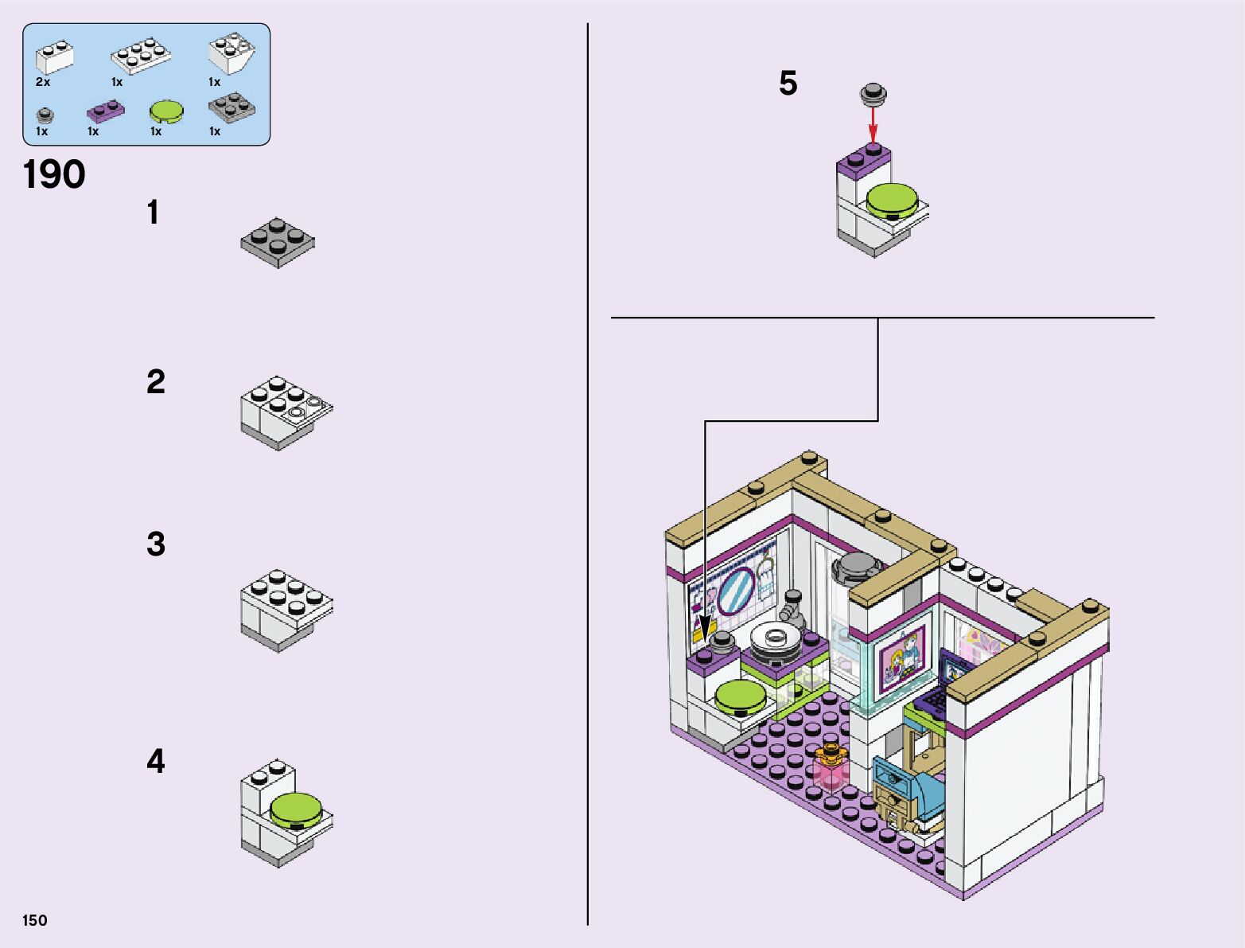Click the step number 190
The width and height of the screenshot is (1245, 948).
pos(54,175)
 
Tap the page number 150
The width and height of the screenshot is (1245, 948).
pos(35,921)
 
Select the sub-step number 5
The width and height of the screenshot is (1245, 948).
pos(788,84)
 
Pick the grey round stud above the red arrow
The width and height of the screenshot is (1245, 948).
pos(873,94)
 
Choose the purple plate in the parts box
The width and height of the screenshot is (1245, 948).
pos(105,111)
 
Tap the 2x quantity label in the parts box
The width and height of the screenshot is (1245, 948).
pos(43,82)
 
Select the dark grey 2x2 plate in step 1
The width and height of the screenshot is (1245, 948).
pos(278,242)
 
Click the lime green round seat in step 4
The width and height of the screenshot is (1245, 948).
pos(296,810)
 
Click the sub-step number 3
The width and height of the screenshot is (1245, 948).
pos(156,544)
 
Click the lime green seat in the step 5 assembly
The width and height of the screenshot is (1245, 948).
pos(892,199)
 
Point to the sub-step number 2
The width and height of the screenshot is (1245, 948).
pos(156,382)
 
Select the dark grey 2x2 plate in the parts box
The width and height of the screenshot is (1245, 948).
pos(231,107)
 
